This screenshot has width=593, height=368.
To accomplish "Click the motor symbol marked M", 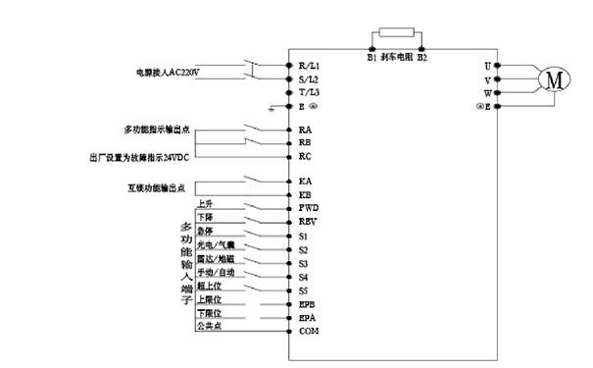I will (x=553, y=79).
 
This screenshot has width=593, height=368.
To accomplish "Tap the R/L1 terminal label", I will (x=309, y=65).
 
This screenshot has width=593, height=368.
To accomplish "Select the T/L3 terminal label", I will (x=309, y=91).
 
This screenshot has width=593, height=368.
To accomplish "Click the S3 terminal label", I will (x=304, y=263).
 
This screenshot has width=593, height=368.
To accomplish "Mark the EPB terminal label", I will (x=307, y=304).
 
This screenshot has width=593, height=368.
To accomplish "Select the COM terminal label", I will (x=309, y=332).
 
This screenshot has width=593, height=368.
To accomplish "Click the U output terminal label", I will (x=487, y=65).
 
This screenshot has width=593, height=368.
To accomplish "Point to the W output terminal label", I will (x=487, y=92).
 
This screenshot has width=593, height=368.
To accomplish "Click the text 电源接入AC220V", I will (x=173, y=72).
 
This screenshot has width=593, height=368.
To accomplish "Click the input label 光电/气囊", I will (x=216, y=244).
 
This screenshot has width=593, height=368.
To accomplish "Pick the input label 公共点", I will (x=209, y=326).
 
